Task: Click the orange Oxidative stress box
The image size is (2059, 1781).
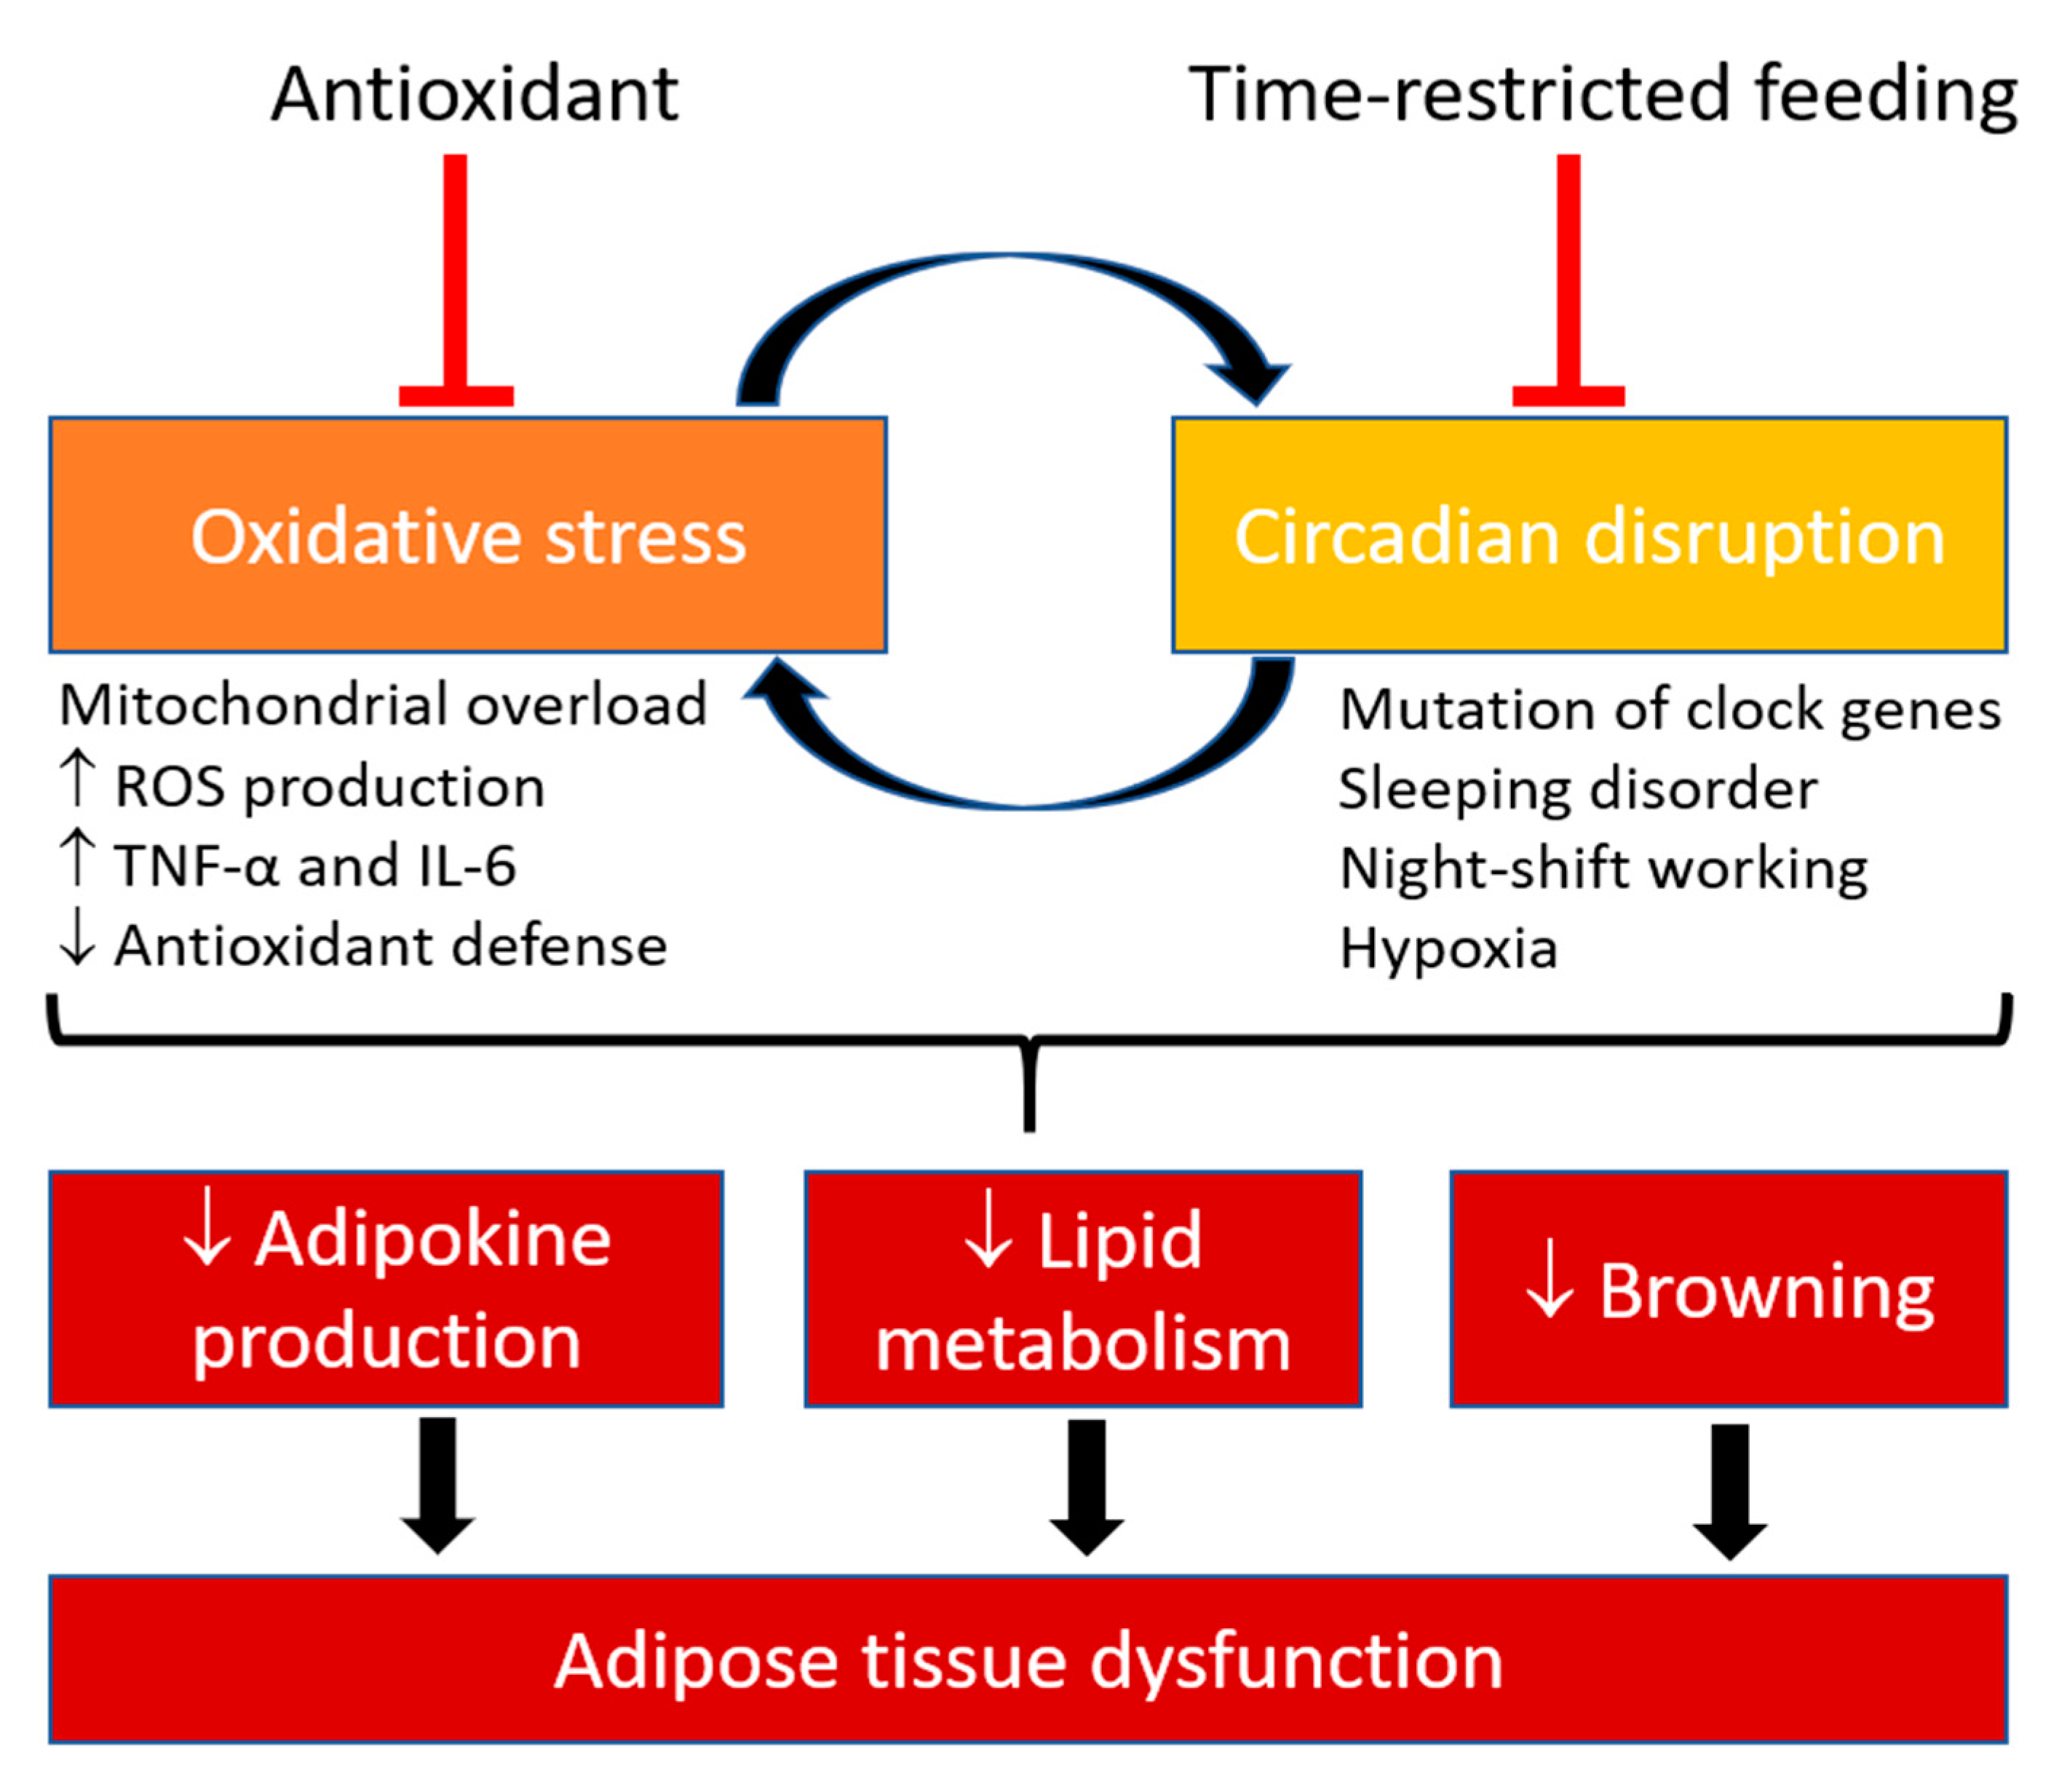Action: point(467,535)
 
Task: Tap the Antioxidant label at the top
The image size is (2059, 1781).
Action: point(475,95)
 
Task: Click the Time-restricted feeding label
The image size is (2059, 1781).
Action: point(1602,95)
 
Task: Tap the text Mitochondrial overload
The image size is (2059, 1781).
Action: point(383,706)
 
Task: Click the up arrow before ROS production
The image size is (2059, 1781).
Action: point(76,780)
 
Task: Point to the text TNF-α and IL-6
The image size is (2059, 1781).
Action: point(316,865)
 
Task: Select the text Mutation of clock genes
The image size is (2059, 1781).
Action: point(1670,710)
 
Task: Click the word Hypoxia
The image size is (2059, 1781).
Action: point(1448,948)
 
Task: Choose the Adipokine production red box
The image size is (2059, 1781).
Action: point(386,1289)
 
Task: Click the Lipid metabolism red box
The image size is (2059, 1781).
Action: point(1082,1289)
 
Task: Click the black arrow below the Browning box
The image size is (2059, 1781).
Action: point(1730,1491)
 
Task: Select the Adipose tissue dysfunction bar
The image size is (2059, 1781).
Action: point(1028,1659)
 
